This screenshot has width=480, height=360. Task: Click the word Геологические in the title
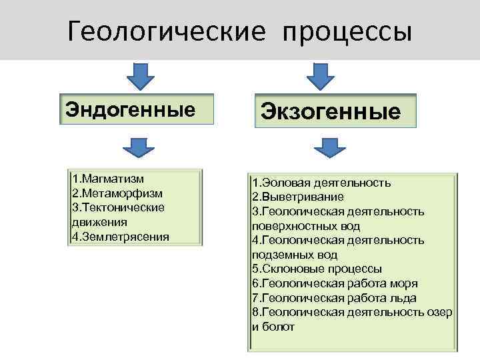[x=166, y=31]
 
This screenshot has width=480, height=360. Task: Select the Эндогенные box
[x=137, y=109]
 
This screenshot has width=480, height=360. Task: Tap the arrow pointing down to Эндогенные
[x=140, y=75]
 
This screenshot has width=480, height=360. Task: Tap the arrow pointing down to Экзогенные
[x=320, y=76]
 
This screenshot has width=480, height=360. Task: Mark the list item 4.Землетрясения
[x=121, y=236]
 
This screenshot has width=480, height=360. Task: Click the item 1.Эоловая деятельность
[x=321, y=183]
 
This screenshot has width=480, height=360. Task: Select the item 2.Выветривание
[x=298, y=197]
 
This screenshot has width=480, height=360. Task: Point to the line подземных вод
[x=295, y=255]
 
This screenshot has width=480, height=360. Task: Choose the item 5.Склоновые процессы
[x=317, y=269]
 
